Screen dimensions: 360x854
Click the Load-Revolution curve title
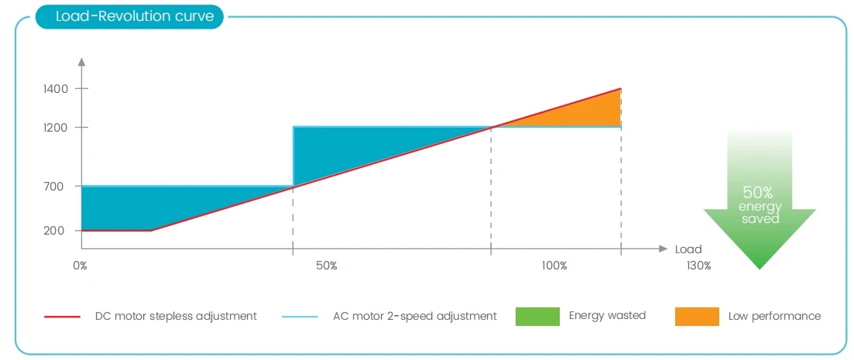pos(135,16)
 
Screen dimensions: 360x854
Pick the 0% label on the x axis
pos(80,266)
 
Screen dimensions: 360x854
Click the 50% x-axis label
pos(326,266)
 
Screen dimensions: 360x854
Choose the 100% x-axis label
pos(554,266)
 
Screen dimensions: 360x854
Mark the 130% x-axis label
pos(698,266)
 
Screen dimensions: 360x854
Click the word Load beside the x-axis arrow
pos(688,249)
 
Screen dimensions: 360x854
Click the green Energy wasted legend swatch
pos(537,316)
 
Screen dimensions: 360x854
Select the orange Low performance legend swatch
pos(696,316)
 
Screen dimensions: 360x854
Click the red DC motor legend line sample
pos(62,317)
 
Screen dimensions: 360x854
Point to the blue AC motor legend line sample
pos(300,317)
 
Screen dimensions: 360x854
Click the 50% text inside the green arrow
pos(757,193)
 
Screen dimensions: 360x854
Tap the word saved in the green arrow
pos(760,219)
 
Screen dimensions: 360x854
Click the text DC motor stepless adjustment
pos(176,316)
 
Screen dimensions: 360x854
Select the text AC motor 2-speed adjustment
pos(415,316)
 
